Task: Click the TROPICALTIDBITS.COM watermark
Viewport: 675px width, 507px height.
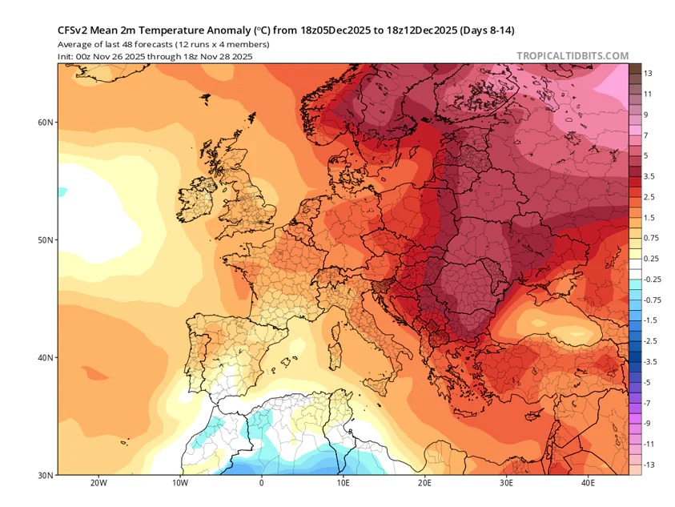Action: click(573, 55)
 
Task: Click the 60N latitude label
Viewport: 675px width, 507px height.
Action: click(45, 123)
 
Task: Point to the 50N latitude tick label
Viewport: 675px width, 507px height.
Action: click(45, 240)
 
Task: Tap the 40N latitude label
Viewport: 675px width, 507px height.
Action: click(45, 357)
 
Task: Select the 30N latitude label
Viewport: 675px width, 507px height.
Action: click(45, 475)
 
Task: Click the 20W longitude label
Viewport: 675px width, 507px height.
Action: click(98, 484)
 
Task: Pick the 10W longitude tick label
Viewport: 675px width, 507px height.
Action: click(180, 484)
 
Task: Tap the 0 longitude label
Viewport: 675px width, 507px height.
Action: click(261, 484)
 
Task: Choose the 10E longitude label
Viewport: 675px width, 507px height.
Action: click(343, 484)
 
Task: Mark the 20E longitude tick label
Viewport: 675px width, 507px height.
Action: click(424, 484)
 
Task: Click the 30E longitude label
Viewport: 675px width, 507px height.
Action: click(506, 484)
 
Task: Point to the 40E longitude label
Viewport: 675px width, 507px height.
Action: click(588, 484)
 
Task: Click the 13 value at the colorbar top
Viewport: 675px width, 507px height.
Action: click(648, 73)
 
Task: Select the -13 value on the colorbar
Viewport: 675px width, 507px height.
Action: click(649, 465)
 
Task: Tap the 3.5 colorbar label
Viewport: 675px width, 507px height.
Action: click(649, 175)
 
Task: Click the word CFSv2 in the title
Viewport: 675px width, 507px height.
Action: click(74, 30)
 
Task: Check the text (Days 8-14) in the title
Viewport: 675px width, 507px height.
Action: click(487, 30)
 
